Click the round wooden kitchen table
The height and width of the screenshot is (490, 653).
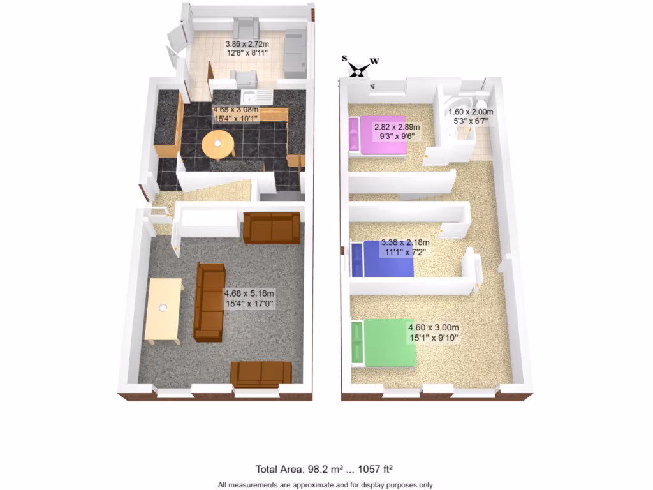click(217, 145)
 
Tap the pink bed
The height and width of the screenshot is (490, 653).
click(378, 135)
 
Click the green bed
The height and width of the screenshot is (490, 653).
click(384, 343)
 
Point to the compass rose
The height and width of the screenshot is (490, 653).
click(359, 68)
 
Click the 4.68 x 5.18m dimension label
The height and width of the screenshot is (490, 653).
click(249, 299)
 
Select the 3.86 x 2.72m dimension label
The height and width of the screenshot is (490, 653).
click(247, 48)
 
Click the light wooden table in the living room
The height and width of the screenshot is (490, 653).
click(163, 309)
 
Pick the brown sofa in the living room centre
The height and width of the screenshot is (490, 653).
click(209, 301)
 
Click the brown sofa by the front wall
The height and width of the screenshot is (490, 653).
click(261, 373)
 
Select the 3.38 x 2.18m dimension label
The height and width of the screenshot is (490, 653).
click(405, 248)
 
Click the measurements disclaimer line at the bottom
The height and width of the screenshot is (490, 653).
click(326, 484)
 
